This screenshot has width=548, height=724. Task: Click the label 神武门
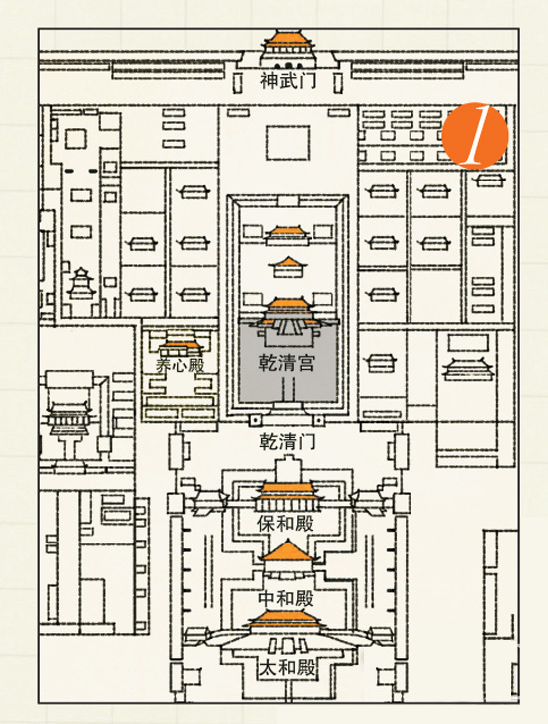[288, 81]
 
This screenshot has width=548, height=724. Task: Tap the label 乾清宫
[287, 363]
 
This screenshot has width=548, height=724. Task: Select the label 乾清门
[287, 442]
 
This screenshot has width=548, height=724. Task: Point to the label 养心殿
[180, 365]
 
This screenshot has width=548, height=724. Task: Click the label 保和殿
[286, 524]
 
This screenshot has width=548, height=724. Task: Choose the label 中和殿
[286, 598]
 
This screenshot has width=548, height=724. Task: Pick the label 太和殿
[287, 668]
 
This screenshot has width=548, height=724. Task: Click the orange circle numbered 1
[475, 136]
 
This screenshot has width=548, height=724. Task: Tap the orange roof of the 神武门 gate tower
[288, 39]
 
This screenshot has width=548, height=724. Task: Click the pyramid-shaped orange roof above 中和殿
[288, 551]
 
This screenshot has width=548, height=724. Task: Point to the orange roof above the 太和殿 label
[286, 618]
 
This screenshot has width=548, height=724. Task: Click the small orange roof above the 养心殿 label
[180, 345]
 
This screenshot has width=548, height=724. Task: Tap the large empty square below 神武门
[287, 143]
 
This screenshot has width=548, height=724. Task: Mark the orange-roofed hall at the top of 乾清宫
[288, 308]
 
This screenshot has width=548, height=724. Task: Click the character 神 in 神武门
[269, 81]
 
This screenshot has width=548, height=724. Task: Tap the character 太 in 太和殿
[268, 668]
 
